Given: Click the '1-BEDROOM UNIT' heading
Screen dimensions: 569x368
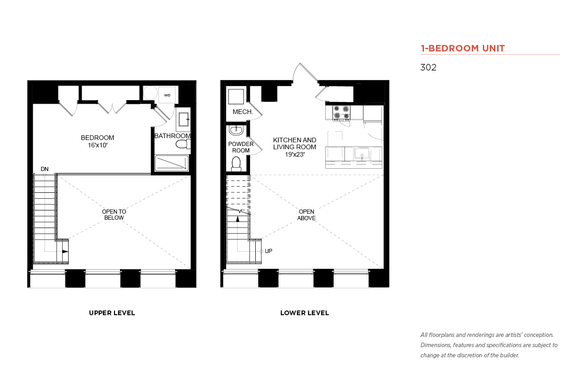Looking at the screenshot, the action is [462, 48].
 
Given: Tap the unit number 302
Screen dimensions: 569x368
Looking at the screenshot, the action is [428, 67].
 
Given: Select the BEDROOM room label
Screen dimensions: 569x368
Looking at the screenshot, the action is [98, 138].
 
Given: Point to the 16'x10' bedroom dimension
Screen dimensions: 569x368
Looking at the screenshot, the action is [98, 145].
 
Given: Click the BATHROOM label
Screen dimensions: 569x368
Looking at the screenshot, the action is [172, 136].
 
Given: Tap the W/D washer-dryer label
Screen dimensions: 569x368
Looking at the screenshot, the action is [167, 95].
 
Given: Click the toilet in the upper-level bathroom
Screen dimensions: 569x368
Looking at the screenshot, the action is [183, 144].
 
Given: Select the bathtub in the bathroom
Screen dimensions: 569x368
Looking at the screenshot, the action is [172, 163].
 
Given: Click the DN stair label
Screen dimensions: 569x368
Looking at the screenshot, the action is [44, 169].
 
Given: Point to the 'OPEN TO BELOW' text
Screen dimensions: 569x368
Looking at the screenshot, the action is [114, 215].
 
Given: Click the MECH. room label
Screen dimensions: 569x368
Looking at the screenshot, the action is [243, 112].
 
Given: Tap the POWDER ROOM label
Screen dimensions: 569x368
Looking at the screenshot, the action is [241, 147].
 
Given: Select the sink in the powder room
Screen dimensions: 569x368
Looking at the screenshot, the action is [236, 130].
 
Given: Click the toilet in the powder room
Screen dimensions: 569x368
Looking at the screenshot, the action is [236, 164].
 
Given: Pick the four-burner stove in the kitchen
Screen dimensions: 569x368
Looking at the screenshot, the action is [341, 113].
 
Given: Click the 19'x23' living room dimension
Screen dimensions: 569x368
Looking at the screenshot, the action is [295, 154].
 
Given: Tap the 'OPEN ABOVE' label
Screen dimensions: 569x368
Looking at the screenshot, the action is [306, 215].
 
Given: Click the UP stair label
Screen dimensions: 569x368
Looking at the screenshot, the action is [268, 251].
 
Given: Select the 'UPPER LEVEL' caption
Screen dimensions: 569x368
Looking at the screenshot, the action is [112, 313].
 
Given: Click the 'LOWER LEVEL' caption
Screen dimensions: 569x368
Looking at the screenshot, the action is [304, 313].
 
